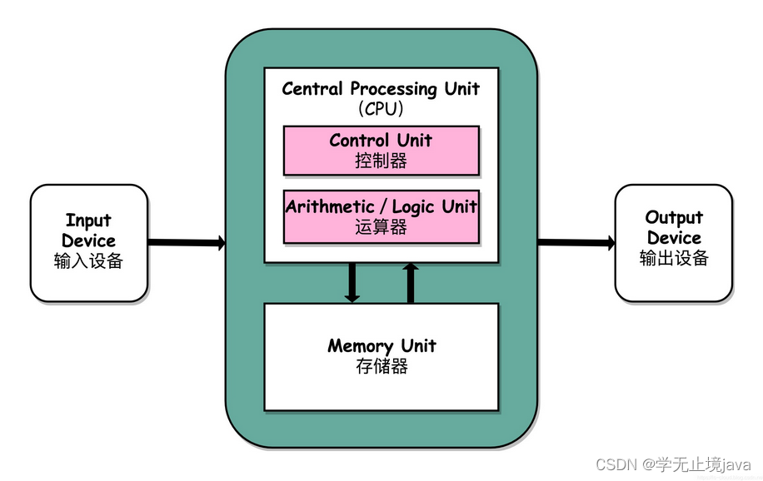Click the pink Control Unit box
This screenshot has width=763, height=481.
click(x=381, y=151)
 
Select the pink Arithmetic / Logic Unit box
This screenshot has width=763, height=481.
click(x=381, y=216)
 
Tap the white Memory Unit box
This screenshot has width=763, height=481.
click(x=381, y=356)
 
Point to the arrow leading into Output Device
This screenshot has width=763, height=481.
click(x=576, y=243)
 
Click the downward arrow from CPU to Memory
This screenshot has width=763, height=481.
click(x=352, y=282)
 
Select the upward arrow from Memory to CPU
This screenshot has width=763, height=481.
click(x=410, y=282)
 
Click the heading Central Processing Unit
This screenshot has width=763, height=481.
click(x=381, y=88)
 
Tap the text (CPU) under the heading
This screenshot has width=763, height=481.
click(x=381, y=108)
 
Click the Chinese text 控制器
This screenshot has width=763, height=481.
click(x=381, y=161)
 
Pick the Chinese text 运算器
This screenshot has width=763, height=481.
click(x=381, y=226)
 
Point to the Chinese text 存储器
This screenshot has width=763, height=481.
click(x=381, y=366)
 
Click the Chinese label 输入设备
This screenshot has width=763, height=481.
click(x=88, y=261)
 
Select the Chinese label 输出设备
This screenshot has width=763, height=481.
click(x=674, y=258)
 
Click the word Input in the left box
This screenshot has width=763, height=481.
click(x=88, y=221)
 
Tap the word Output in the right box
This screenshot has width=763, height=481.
click(x=674, y=218)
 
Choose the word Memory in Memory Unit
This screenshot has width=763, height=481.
click(x=360, y=346)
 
